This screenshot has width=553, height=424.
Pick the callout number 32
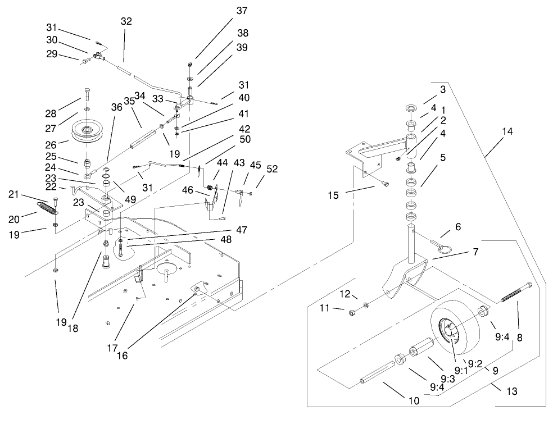(x=126, y=21)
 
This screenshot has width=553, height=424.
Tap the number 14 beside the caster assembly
(x=507, y=132)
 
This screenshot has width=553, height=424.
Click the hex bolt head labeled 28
(x=87, y=91)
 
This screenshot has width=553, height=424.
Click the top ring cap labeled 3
(x=409, y=108)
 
